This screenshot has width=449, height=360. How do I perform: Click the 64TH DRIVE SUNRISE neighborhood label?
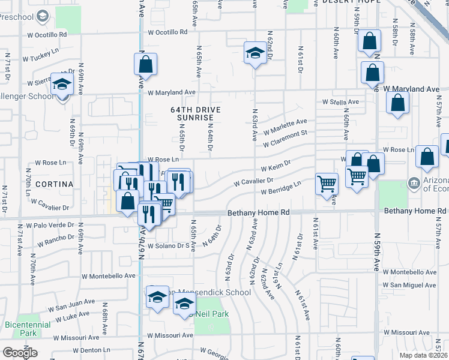click(196, 114)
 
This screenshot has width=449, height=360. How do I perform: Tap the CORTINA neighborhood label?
click(53, 184)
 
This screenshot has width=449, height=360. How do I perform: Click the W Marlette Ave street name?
click(285, 127)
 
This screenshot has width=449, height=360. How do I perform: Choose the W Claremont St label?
click(285, 139)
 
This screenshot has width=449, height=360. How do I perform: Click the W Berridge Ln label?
click(280, 188)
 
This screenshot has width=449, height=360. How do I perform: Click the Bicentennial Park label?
click(24, 328)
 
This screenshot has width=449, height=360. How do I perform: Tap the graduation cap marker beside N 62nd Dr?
click(255, 53)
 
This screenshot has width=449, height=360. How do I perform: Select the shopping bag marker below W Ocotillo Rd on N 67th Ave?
click(145, 64)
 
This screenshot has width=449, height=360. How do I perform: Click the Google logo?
click(20, 353)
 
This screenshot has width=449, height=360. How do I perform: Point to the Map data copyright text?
click(424, 355)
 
